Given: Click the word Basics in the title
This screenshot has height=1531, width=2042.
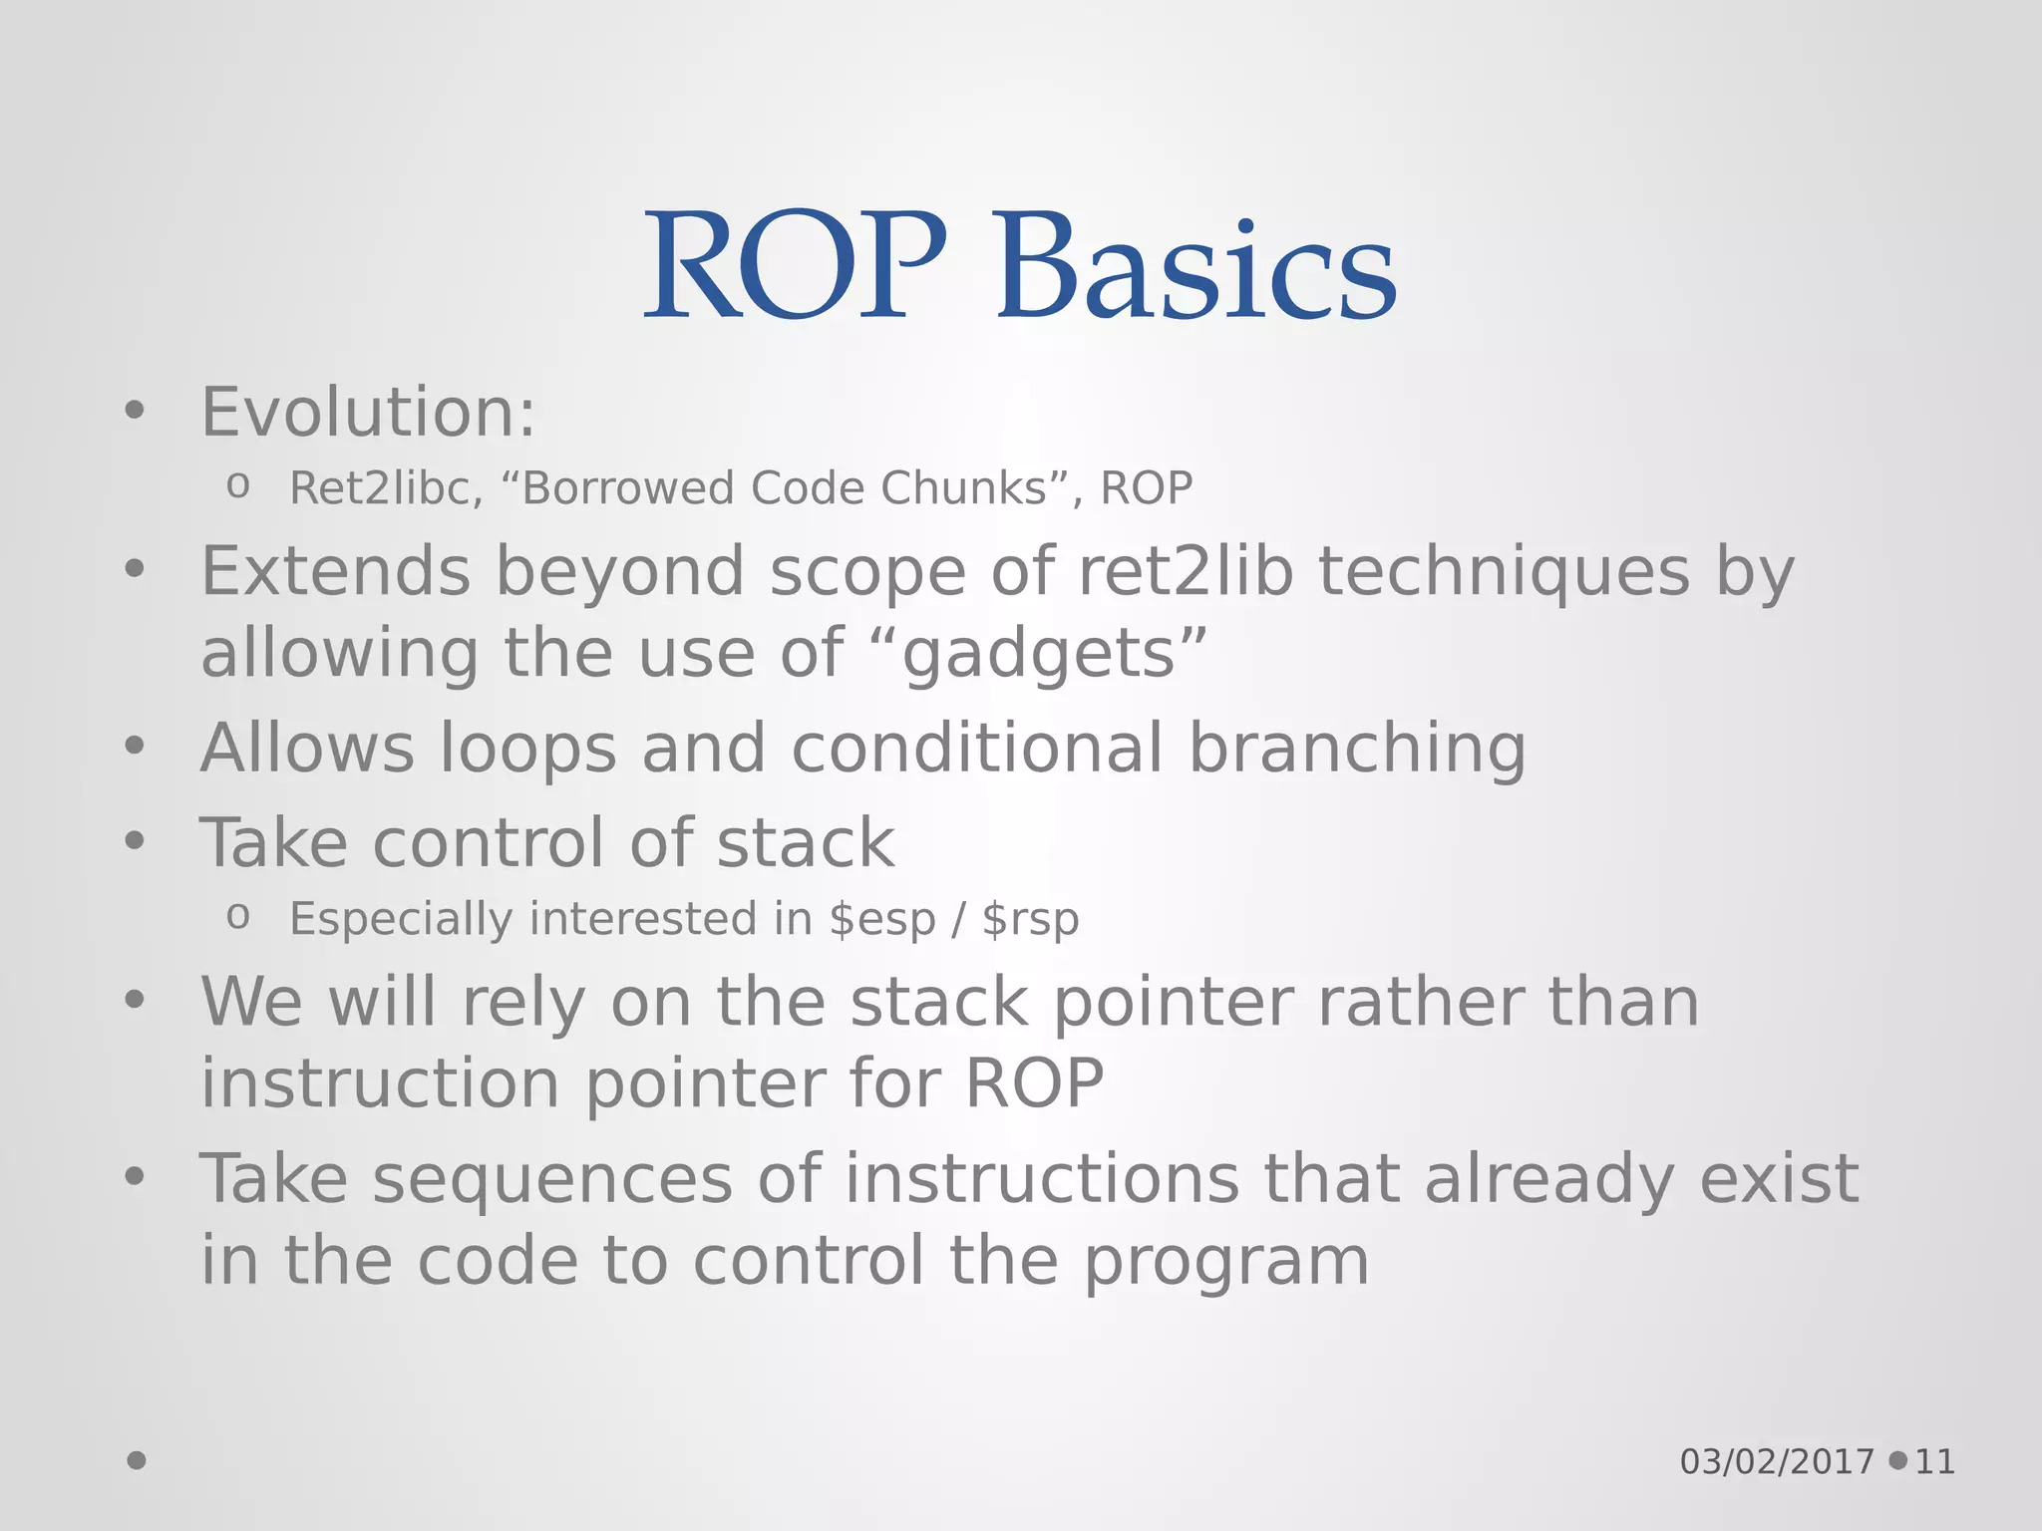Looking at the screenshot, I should click(x=1196, y=269).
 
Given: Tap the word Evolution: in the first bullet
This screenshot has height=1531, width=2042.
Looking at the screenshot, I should click(x=368, y=413).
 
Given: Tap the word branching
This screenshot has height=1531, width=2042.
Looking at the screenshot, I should click(x=1357, y=749).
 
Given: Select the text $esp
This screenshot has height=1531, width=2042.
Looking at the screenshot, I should click(x=881, y=919).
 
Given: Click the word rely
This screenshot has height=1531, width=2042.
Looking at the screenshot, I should click(x=522, y=1003).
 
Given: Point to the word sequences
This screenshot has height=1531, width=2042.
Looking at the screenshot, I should click(x=552, y=1179).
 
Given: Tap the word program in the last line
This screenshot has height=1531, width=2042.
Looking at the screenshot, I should click(x=1225, y=1262).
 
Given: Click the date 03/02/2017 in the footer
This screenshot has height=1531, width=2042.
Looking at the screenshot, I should click(x=1777, y=1462).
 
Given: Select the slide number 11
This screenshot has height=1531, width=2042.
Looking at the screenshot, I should click(x=1934, y=1462).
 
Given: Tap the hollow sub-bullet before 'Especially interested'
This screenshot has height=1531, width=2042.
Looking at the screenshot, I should click(x=237, y=916).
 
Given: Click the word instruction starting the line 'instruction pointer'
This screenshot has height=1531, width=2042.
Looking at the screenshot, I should click(x=380, y=1084).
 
